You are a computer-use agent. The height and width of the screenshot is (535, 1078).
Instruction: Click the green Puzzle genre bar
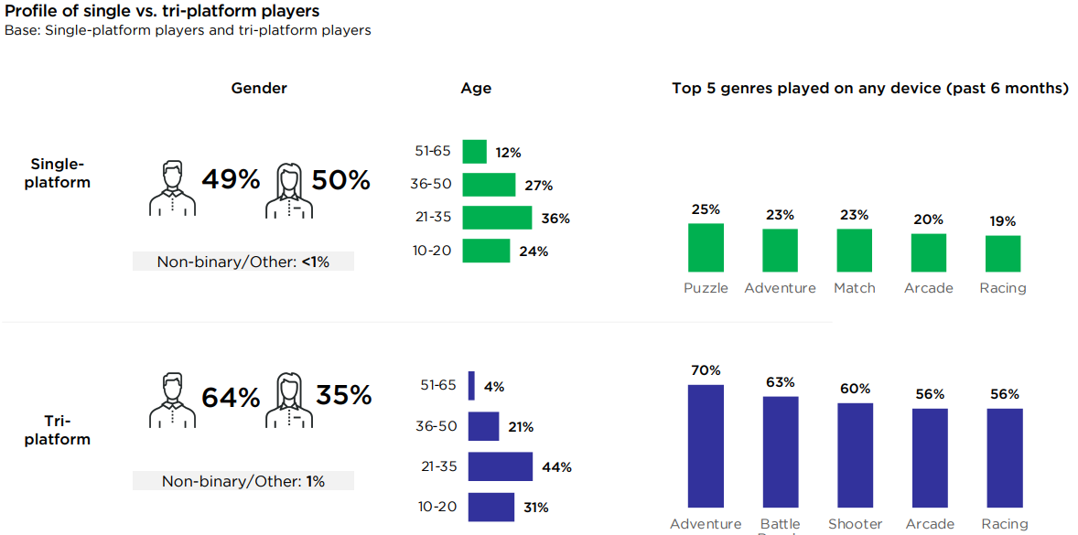coord(706,247)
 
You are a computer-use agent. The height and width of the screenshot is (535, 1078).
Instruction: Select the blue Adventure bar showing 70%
coord(706,445)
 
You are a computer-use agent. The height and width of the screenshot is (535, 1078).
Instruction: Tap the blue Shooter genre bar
coord(855,455)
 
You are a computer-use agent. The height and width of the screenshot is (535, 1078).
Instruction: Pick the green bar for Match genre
coord(854,250)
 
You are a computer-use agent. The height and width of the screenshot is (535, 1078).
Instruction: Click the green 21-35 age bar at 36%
coord(497,218)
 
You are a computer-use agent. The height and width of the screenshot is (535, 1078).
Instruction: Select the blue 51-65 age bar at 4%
coord(471,385)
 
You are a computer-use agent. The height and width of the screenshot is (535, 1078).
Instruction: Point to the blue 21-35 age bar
coord(500,466)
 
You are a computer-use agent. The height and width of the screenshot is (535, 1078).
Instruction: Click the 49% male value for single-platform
coord(231,179)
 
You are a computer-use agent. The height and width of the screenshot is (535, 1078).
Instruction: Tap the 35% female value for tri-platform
coord(343,395)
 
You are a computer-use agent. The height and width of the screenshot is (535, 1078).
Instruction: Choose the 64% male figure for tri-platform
coord(231,398)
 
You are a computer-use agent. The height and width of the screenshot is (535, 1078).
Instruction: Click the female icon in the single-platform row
coord(289,190)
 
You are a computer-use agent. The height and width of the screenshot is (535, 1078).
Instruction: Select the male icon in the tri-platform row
coord(172,400)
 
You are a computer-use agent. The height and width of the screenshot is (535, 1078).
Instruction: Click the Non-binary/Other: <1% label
coord(243,262)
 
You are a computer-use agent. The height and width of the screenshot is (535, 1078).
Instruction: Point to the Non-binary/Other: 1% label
coord(243,481)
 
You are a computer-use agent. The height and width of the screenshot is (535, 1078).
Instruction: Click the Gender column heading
coord(259,88)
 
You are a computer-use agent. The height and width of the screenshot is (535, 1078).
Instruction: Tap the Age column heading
coord(476,88)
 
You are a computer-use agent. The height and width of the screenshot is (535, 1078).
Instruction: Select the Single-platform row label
coord(58,173)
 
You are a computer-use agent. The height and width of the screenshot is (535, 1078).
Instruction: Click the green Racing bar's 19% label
coord(1003,221)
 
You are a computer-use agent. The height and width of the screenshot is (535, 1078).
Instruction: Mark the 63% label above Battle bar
coord(780,382)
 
